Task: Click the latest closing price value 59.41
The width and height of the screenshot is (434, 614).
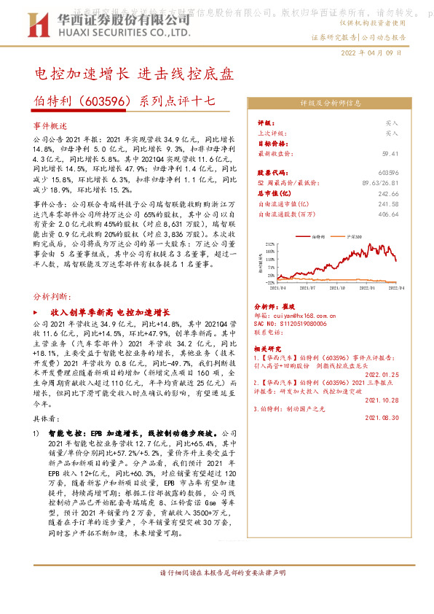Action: pos(390,154)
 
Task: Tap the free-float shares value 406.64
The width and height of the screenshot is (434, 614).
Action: pos(389,215)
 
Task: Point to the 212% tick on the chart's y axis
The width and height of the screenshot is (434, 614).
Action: pos(271,244)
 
